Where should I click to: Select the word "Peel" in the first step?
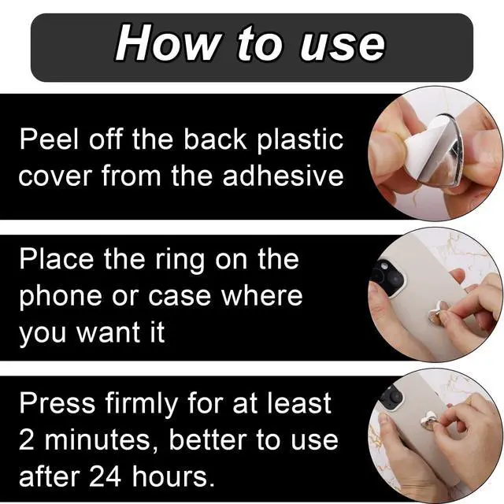pos(49,139)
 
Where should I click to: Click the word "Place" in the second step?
pos(56,259)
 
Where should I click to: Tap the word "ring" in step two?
pos(180,261)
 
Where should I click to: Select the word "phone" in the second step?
pos(61,298)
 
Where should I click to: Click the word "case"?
pos(180,297)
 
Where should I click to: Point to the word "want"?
pos(107,332)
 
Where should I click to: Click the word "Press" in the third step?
pos(57,402)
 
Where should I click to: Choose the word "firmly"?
pos(142,405)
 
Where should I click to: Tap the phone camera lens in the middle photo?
pos(384,266)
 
